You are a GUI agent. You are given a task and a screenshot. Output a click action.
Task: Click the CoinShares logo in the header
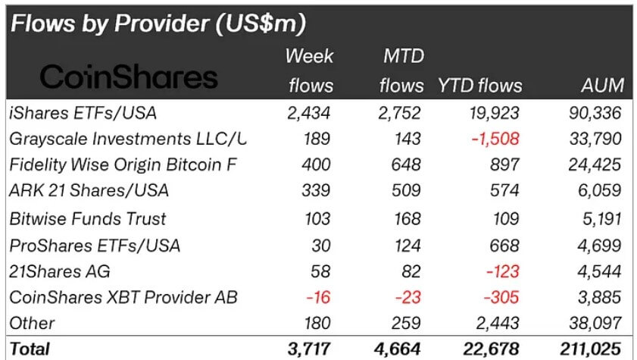[128, 77]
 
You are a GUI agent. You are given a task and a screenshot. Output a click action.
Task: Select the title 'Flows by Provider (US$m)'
[158, 23]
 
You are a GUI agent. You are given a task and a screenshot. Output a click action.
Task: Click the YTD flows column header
[479, 85]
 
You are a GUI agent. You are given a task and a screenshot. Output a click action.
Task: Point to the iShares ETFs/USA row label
[84, 114]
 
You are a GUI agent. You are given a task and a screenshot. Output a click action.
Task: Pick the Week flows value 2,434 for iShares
[311, 114]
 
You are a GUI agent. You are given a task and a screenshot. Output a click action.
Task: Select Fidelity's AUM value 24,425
[596, 165]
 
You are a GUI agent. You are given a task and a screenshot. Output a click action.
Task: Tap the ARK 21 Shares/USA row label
[89, 192]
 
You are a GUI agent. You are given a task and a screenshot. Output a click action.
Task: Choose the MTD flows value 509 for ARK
[408, 192]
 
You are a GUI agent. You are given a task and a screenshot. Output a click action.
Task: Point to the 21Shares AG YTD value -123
[500, 271]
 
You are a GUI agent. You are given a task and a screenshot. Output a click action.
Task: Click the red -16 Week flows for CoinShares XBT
[319, 297]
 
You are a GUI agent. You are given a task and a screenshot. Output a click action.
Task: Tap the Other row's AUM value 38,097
[596, 324]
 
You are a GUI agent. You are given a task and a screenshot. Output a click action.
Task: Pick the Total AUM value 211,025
[592, 349]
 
